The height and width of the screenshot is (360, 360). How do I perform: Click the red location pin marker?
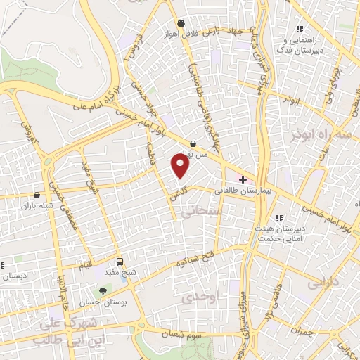point(181,165)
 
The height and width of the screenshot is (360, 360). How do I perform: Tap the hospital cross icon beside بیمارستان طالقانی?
point(243,180)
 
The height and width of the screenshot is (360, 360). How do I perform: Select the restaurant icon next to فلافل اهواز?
point(181,22)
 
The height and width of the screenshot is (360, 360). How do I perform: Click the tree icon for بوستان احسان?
point(103,290)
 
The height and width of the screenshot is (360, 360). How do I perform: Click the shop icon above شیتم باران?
point(37,195)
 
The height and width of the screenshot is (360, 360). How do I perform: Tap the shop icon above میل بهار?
point(193,143)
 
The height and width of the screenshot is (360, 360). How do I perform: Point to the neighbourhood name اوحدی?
point(201,297)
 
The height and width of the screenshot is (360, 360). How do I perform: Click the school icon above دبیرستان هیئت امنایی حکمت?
point(280,218)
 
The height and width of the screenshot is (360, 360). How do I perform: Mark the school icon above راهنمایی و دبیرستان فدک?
point(299,30)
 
